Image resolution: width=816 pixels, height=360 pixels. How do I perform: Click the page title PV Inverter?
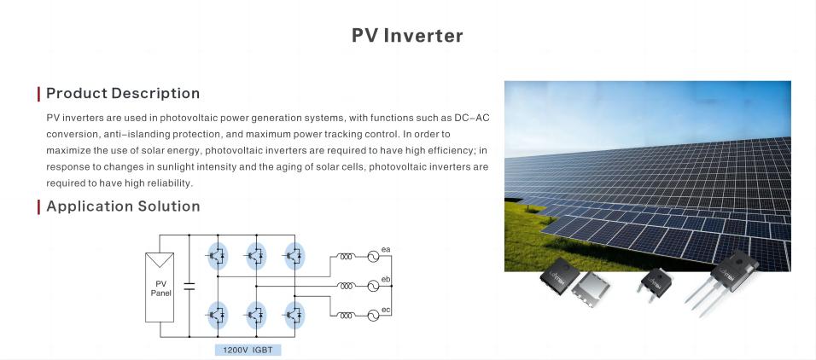[x=407, y=35]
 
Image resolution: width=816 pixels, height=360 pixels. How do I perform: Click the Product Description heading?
[x=123, y=94]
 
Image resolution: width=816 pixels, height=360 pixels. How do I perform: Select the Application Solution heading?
[x=123, y=206]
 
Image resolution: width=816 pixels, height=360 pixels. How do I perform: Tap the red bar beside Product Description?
[x=38, y=94]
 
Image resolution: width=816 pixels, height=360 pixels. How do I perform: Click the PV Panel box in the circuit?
[x=160, y=287]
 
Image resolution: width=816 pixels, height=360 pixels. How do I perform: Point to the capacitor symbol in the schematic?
[x=189, y=286]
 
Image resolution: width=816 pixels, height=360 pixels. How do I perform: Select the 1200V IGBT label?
[x=248, y=350]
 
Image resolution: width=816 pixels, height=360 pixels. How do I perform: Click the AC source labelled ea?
[x=373, y=256]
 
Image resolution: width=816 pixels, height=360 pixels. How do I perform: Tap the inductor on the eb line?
[x=346, y=286]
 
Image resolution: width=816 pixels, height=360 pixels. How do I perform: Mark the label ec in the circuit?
[x=386, y=310]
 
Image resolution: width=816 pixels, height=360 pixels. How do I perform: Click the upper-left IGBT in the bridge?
[x=218, y=255]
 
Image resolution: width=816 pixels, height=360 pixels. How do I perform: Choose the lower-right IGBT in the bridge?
[x=294, y=315]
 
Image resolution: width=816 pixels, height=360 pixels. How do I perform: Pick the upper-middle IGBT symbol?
[x=256, y=255]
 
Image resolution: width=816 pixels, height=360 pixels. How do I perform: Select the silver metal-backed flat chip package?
[x=591, y=289]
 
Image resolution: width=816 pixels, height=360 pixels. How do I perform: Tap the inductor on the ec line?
[x=346, y=316]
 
